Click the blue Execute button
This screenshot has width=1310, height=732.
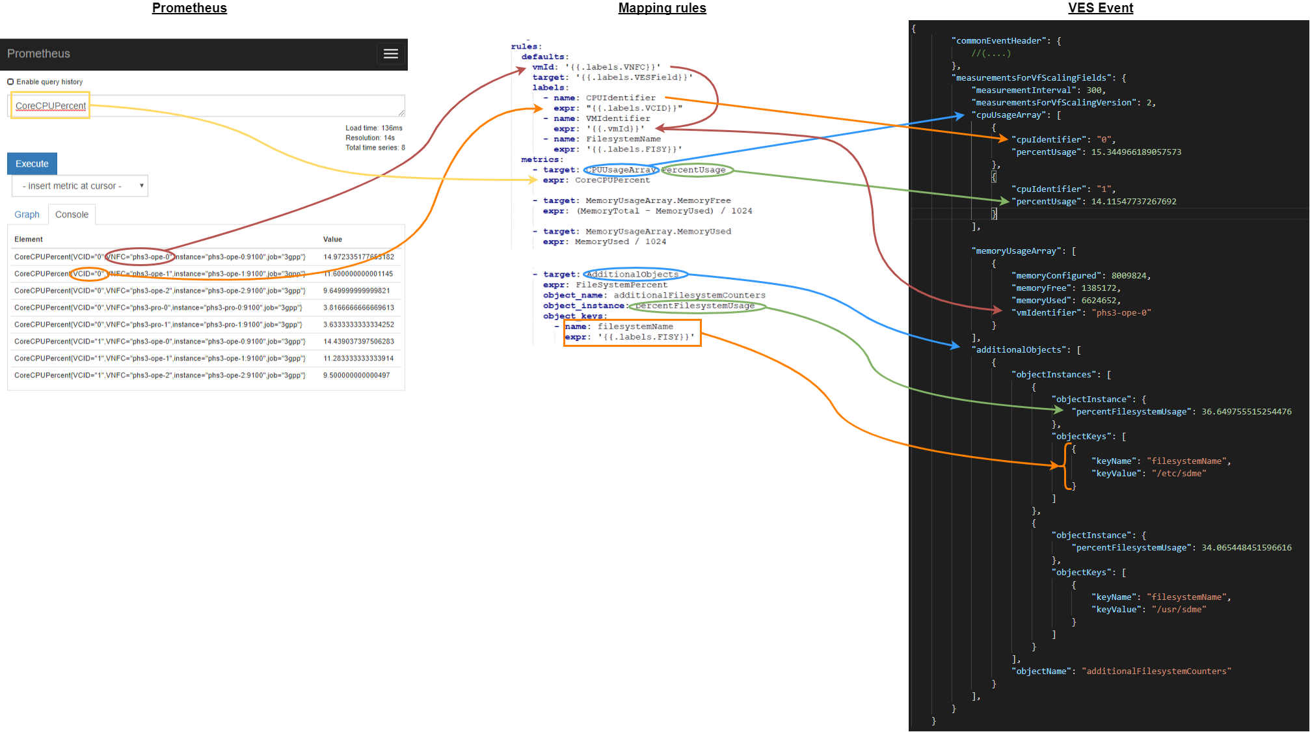tap(32, 164)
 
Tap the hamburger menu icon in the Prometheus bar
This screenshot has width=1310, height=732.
tap(390, 54)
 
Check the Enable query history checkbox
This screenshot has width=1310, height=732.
tap(10, 82)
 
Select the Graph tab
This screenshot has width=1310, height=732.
tap(27, 215)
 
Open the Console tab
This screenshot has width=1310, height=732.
tap(72, 215)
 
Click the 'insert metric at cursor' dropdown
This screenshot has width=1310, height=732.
tap(80, 186)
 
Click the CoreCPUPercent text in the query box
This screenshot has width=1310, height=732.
tap(51, 106)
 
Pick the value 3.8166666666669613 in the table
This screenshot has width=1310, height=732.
tap(358, 308)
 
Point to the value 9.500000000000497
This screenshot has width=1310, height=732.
tap(356, 375)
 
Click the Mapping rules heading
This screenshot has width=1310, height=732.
tap(662, 8)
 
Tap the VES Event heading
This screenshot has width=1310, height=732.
tap(1100, 8)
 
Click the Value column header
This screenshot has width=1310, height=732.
tap(332, 239)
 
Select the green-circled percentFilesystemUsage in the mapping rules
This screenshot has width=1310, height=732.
tap(695, 306)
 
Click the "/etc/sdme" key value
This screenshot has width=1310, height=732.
tap(1179, 474)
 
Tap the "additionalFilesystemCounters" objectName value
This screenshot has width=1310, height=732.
tap(1156, 671)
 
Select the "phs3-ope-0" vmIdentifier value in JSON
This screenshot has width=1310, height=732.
tap(1121, 313)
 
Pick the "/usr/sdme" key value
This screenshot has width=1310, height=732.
tap(1179, 610)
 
